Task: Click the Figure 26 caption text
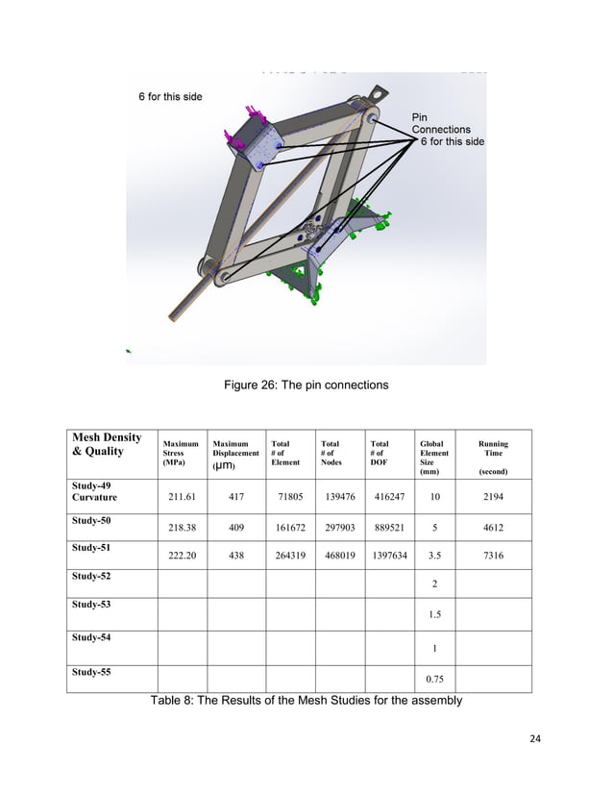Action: tap(306, 385)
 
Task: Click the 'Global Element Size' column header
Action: tap(434, 458)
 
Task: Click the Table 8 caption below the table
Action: tap(306, 700)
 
